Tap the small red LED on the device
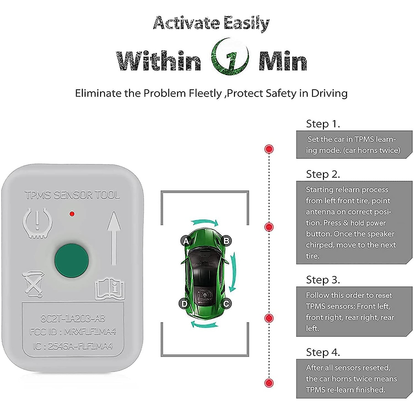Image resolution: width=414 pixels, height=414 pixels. pos(72,214)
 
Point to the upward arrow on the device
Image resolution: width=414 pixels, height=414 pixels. pos(114,238)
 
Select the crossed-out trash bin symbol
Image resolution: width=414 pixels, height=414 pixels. pos(33,284)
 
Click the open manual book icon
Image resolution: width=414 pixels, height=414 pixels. pos(109,290)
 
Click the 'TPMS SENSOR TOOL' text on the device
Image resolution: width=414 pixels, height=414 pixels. pos(72,195)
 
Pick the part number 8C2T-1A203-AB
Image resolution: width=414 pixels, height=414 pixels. pos(73,318)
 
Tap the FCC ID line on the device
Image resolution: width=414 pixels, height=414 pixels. pos(73,332)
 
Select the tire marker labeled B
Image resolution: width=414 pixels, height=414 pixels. pos(226,241)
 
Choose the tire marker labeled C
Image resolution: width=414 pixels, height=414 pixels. pos(226,304)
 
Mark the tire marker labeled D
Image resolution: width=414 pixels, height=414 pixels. pos(185,304)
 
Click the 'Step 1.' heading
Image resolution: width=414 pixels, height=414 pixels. pos(323,124)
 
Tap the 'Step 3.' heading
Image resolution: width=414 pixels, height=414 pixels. pos(323,280)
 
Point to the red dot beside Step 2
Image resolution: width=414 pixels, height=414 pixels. pos(269,227)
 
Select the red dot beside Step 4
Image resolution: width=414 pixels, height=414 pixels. pos(269,382)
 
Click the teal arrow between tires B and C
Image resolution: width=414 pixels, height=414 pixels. pos(234,272)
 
